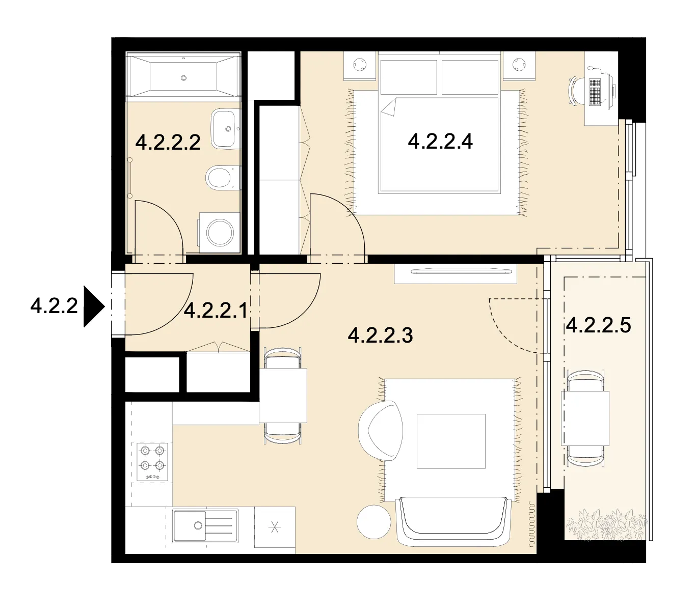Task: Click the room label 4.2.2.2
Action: click(x=168, y=142)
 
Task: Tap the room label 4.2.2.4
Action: click(x=440, y=141)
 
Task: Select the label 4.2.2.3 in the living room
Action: click(x=380, y=335)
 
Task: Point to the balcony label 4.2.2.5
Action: click(x=598, y=325)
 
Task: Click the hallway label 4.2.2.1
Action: click(x=216, y=311)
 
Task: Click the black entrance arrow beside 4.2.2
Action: click(x=94, y=306)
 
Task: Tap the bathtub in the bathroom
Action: click(x=183, y=77)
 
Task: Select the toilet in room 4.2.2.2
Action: click(x=222, y=178)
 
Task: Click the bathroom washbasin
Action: click(x=225, y=129)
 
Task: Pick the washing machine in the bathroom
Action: click(x=219, y=233)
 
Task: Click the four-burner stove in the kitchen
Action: click(x=152, y=462)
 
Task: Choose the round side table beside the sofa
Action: click(x=373, y=522)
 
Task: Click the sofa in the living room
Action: click(x=453, y=521)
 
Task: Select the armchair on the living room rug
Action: click(x=380, y=430)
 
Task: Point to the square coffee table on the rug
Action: click(x=451, y=441)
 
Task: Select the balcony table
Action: click(x=585, y=418)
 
